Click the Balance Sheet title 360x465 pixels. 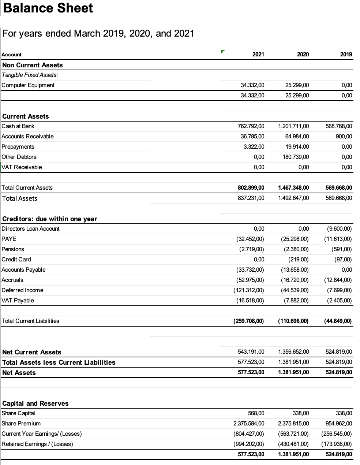click(48, 8)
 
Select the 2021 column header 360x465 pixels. click(258, 54)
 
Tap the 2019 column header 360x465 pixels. click(346, 54)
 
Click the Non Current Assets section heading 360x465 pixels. click(33, 65)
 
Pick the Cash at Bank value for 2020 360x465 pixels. click(293, 126)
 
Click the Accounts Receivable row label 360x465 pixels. click(27, 136)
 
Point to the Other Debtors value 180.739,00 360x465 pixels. click(296, 157)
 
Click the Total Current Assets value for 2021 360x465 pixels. click(251, 187)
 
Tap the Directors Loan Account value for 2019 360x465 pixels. click(339, 228)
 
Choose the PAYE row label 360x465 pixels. click(9, 239)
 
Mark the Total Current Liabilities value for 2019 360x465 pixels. click(338, 321)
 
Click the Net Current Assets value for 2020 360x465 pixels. click(293, 351)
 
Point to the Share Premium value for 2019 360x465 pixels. click(339, 423)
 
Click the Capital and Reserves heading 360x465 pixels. click(35, 403)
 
